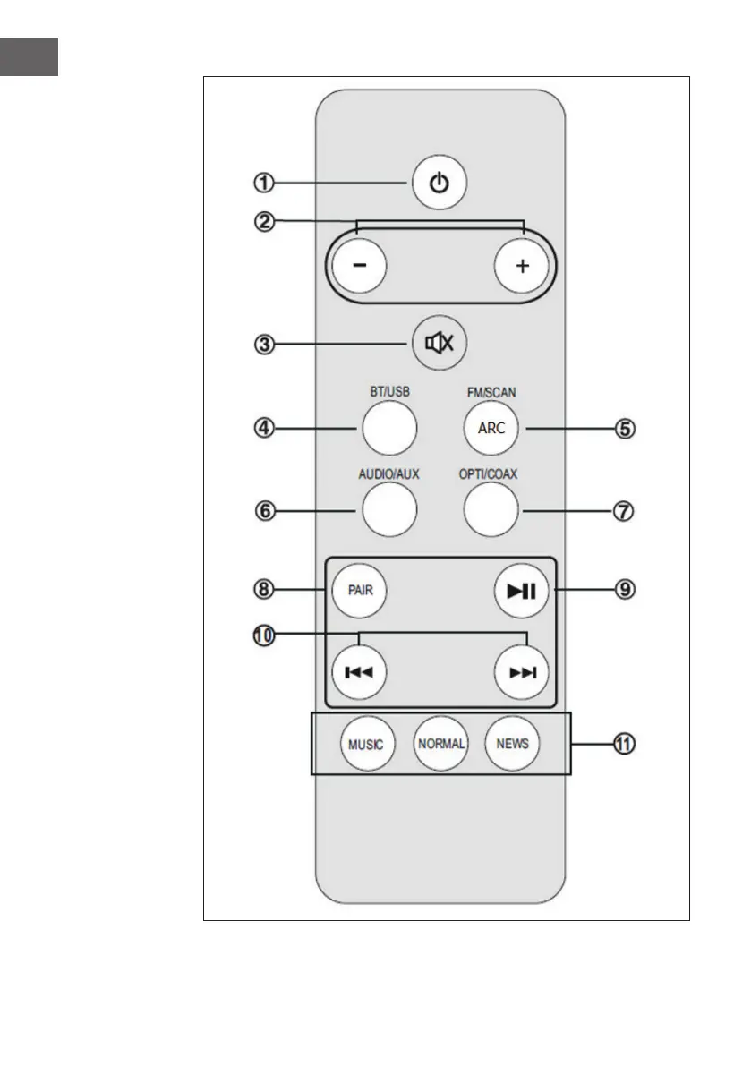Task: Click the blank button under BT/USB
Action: click(389, 428)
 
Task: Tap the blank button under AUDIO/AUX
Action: click(389, 510)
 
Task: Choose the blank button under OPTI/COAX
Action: click(491, 510)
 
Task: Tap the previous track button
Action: click(358, 673)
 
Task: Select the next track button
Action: click(522, 673)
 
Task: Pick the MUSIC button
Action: click(366, 744)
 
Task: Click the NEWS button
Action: click(512, 744)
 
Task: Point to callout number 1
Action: click(263, 183)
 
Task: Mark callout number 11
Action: click(626, 744)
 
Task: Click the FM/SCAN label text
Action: click(491, 392)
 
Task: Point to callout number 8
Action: click(263, 589)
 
